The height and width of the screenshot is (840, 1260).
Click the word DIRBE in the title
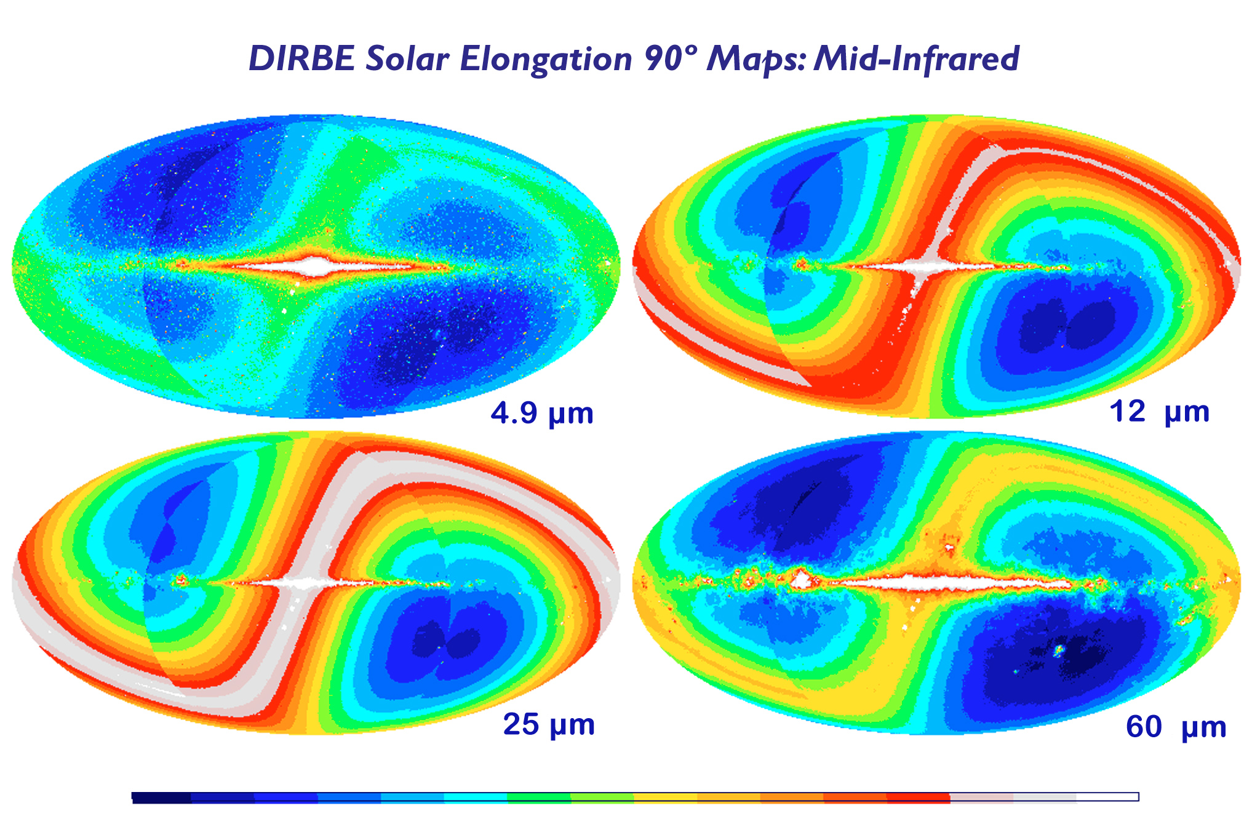coord(301,59)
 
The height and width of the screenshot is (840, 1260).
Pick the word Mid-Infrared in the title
coord(916,59)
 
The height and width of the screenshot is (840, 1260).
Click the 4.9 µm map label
coord(542,414)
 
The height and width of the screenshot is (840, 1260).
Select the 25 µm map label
coord(549,724)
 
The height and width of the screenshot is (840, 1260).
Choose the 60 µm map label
coord(1176,727)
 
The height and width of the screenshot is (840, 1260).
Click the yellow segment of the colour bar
coord(665,797)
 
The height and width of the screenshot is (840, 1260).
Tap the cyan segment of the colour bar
coord(475,797)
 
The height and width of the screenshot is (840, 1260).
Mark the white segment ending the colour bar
coord(1107,797)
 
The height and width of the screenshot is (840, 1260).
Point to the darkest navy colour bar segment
coord(162,797)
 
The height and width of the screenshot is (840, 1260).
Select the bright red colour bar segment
coord(918,797)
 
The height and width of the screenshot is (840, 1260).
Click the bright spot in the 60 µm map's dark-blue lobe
coord(1059,650)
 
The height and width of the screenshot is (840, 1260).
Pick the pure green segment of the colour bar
coord(538,797)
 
